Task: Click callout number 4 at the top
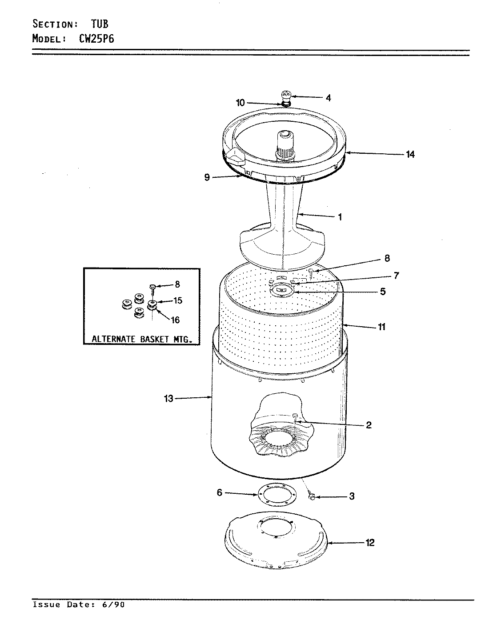328,98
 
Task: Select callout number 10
240,103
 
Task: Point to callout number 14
410,154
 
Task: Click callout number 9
207,177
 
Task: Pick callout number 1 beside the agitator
340,217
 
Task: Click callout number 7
396,276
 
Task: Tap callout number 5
382,292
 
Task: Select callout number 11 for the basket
381,327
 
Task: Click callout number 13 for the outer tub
168,399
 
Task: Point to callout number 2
369,425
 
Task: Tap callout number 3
351,496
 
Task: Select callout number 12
369,543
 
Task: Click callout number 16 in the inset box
175,320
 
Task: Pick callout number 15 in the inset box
177,301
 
